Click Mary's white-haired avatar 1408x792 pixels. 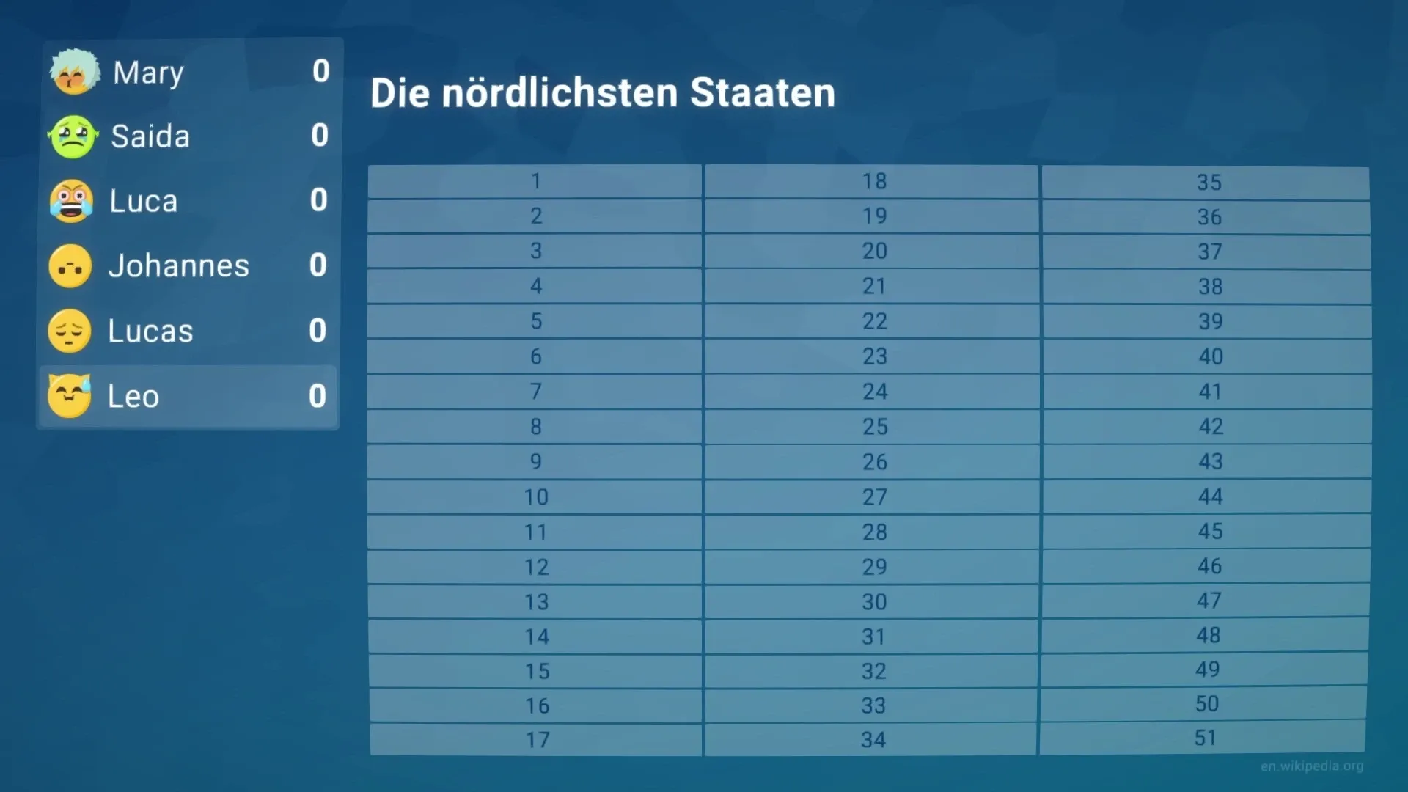click(x=74, y=72)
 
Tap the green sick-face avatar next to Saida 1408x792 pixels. click(x=73, y=136)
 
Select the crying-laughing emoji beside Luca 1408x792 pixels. click(x=71, y=201)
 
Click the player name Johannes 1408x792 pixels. click(x=178, y=265)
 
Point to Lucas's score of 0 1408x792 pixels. click(x=318, y=331)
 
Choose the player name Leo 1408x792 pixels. click(x=133, y=396)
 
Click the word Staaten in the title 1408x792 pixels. click(x=762, y=93)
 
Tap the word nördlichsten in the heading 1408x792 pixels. click(x=560, y=93)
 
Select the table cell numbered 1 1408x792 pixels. click(x=535, y=181)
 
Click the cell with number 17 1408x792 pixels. click(x=537, y=739)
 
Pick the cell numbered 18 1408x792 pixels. click(x=873, y=181)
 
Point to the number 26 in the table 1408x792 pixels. click(x=874, y=461)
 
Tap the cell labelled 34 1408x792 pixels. click(x=873, y=739)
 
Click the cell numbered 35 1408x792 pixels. click(x=1209, y=183)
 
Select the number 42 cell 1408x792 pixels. click(x=1210, y=426)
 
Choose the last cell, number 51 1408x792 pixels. click(x=1205, y=738)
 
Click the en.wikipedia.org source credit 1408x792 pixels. click(x=1312, y=766)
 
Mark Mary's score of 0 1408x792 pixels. click(x=320, y=72)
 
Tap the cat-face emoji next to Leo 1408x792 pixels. click(x=70, y=396)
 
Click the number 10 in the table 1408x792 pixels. click(x=535, y=496)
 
